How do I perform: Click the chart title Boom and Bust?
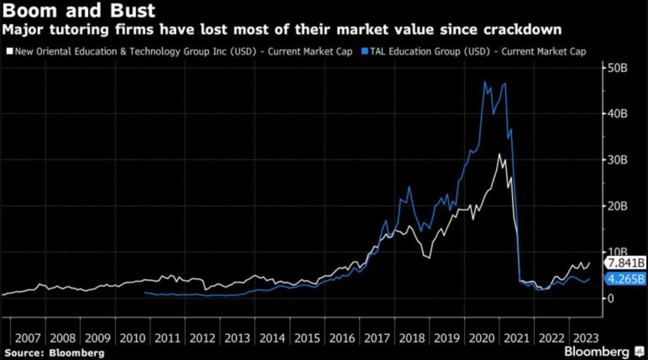(78, 11)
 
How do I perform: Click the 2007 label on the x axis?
(27, 339)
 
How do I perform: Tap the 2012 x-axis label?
(202, 339)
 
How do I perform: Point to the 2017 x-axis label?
(376, 339)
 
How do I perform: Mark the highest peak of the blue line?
(484, 82)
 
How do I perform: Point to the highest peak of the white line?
(500, 154)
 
